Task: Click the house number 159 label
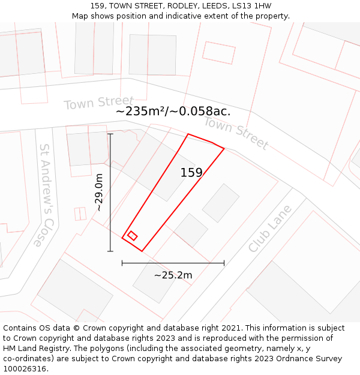click(x=191, y=173)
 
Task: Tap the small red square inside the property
click(x=133, y=236)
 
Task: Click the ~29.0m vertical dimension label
click(x=99, y=192)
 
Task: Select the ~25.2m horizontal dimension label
click(x=173, y=275)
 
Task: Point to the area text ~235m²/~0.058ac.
click(x=173, y=111)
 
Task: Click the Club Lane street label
click(x=270, y=229)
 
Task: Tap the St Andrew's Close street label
click(x=46, y=194)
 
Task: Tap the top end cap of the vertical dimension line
click(x=110, y=134)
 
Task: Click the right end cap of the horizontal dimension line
click(x=224, y=263)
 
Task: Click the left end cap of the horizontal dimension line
click(x=122, y=263)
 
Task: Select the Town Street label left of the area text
click(x=99, y=103)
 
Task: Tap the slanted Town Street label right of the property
click(x=236, y=133)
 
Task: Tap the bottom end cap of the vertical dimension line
click(x=110, y=251)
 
